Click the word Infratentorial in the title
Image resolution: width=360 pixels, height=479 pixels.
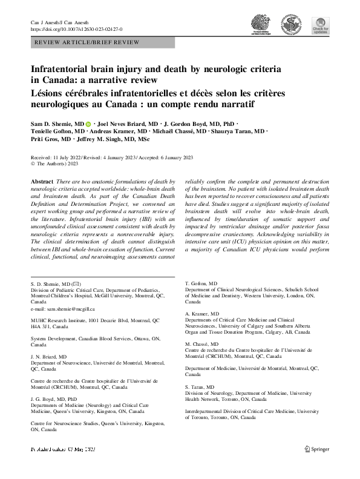(x=65, y=70)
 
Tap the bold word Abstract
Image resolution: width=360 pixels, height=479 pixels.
(x=42, y=182)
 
